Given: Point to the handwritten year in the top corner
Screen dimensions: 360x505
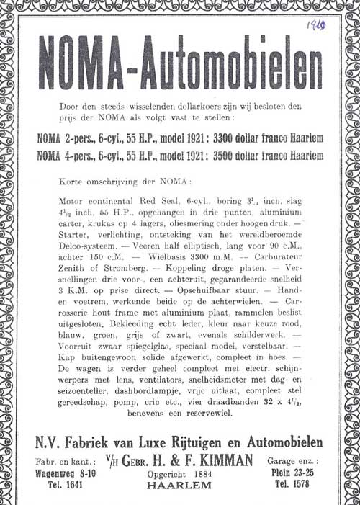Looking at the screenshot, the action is pyautogui.click(x=315, y=27).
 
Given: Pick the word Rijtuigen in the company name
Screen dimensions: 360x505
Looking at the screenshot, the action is pyautogui.click(x=177, y=442).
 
